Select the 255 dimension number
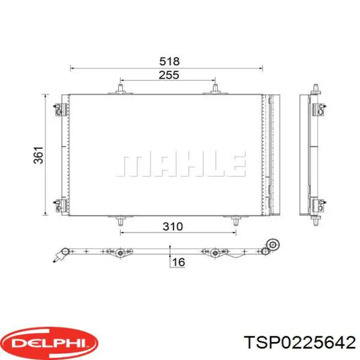169,75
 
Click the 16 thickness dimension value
178,262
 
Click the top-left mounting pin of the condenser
120,90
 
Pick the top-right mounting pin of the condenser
215,90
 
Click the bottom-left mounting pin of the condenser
120,221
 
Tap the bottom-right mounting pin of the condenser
236,221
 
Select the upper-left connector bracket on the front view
60,109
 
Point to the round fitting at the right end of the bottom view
274,245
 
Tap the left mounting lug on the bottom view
120,253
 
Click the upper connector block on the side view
319,109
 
